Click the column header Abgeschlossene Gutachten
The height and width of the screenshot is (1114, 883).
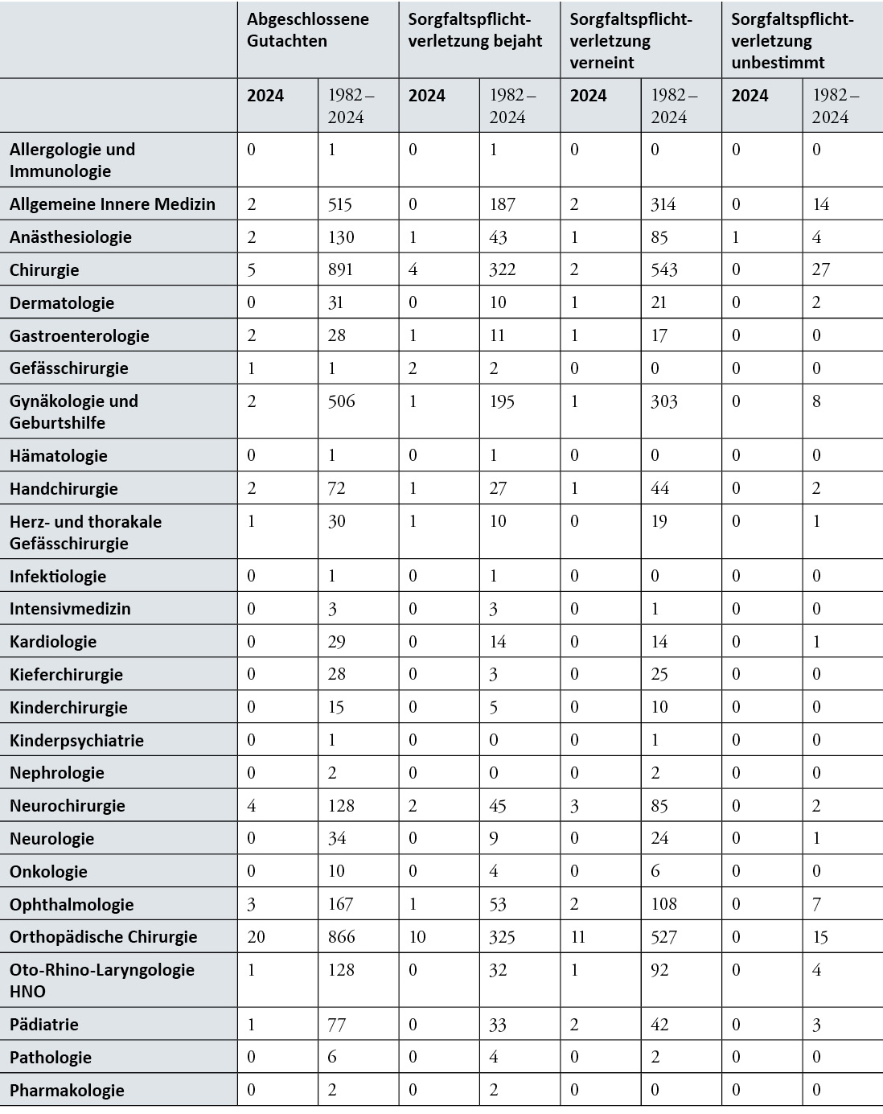308,31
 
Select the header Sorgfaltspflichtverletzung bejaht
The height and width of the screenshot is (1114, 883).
475,31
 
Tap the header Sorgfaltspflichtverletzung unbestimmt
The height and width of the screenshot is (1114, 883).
792,41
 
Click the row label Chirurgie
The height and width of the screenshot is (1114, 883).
44,270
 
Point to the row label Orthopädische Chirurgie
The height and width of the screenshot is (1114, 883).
103,937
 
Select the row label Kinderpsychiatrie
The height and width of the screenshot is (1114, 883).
76,741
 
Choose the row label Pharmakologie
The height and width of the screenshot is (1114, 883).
67,1091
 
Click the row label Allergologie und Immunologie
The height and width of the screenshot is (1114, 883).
72,160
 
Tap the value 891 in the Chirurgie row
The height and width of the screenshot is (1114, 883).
340,269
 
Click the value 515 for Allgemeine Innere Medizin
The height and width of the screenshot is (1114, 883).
340,204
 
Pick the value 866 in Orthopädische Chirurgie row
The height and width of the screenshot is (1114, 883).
341,937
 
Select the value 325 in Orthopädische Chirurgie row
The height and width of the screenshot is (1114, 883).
503,937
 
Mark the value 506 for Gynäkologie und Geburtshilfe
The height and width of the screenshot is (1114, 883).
341,401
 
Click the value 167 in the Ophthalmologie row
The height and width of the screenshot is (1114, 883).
340,904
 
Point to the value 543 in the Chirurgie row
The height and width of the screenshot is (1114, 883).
664,269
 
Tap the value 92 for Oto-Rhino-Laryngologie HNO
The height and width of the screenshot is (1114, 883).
659,970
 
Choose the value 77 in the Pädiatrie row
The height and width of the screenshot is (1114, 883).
336,1025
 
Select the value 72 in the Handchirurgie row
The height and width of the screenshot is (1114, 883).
336,488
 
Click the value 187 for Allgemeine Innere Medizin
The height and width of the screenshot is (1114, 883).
502,204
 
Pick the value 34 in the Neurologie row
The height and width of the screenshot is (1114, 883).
336,839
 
